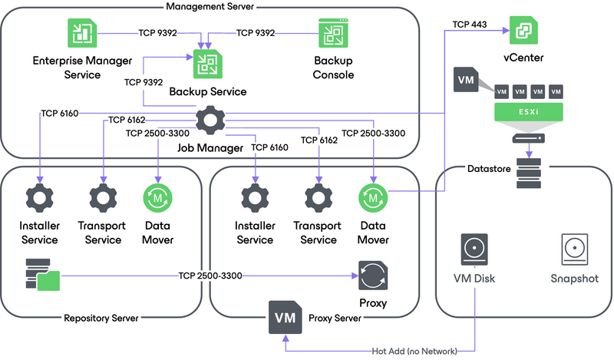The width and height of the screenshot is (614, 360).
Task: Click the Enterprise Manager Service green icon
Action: click(78, 34)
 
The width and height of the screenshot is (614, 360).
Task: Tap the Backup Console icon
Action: click(334, 34)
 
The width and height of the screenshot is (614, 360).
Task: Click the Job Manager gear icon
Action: click(209, 121)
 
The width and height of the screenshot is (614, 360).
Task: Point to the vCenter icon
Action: click(523, 30)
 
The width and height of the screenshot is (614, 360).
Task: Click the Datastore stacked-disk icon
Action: click(529, 173)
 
